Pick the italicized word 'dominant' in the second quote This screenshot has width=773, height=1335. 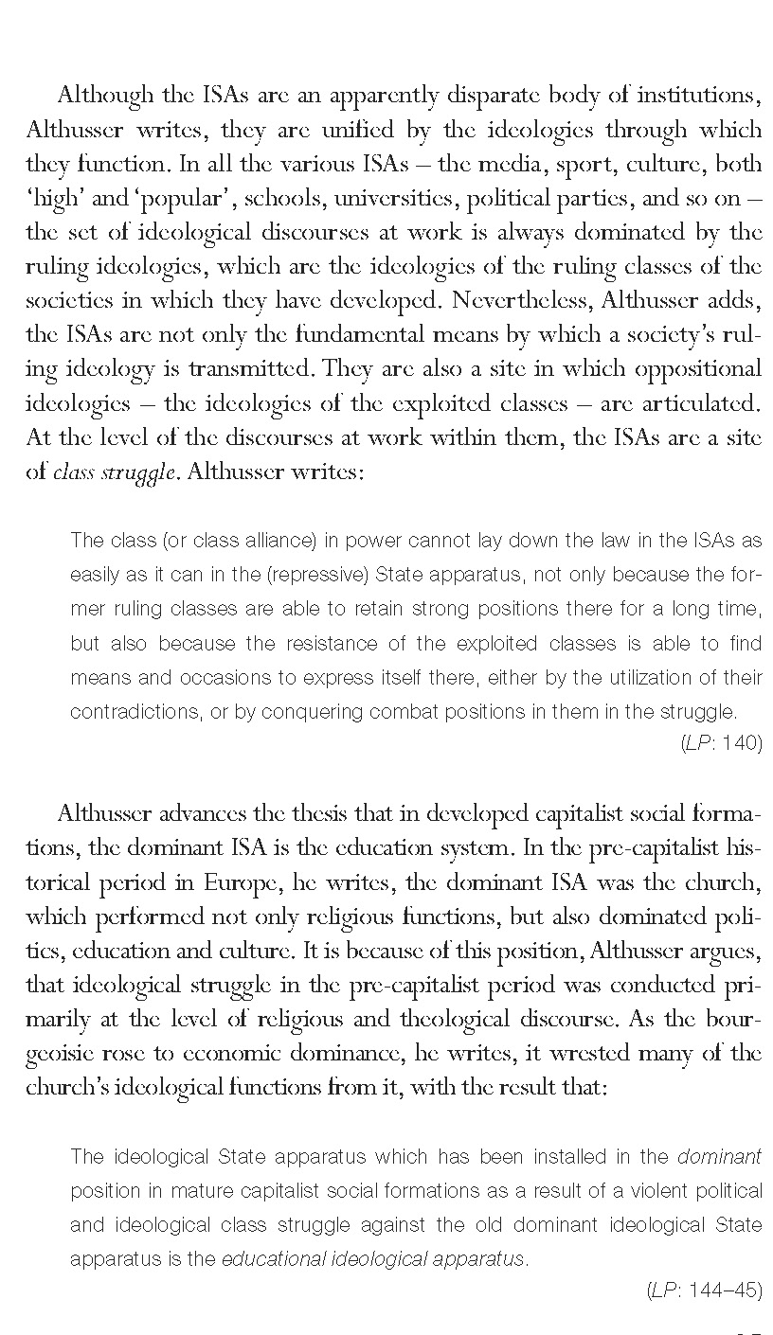(x=720, y=1157)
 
